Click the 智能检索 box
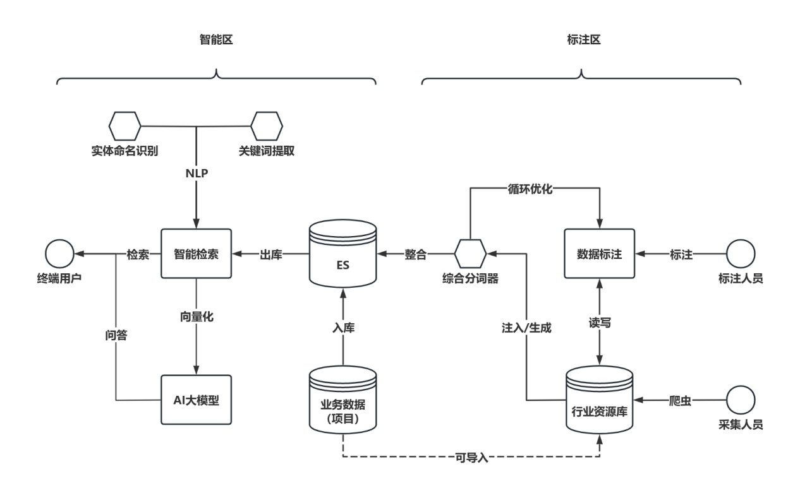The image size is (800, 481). tap(196, 254)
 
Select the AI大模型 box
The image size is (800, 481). tap(196, 400)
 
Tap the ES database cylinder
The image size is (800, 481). tap(342, 255)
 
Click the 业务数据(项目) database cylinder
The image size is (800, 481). tap(342, 401)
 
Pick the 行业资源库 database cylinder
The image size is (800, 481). tap(599, 401)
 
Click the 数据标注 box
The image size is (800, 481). tap(599, 254)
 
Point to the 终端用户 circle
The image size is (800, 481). tap(59, 254)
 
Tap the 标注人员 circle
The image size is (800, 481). tap(741, 254)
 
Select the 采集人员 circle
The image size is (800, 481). tap(741, 400)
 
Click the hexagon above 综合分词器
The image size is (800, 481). tap(470, 254)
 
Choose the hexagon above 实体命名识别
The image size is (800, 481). tap(124, 126)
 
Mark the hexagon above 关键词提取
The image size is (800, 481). tap(266, 126)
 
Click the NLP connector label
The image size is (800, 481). tap(197, 174)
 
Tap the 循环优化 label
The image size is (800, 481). tap(530, 188)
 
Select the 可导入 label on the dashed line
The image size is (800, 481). tap(471, 457)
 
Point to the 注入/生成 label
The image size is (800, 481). tap(526, 328)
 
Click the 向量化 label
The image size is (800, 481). tap(197, 317)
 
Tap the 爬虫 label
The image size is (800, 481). tap(681, 400)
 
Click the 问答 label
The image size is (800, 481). tap(116, 335)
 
